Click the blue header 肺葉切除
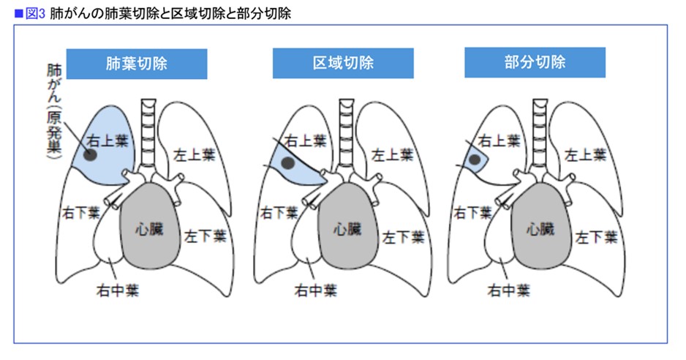point(137,64)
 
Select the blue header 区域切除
point(343,63)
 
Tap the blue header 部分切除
point(535,62)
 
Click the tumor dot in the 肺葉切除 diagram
point(90,154)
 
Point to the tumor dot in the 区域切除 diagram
point(287,163)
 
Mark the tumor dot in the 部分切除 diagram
point(475,160)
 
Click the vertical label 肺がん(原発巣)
point(54,112)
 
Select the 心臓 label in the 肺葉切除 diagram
point(149,228)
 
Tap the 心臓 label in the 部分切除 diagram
point(540,228)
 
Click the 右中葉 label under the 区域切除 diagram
point(315,290)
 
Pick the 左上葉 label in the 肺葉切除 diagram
point(195,154)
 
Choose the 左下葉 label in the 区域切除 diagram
point(403,237)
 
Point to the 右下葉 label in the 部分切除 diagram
point(473,213)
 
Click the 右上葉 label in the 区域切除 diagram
point(306,140)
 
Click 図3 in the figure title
point(35,14)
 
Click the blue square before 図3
point(19,14)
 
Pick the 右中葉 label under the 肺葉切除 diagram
point(117,290)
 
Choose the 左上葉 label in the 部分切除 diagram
point(585,154)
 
